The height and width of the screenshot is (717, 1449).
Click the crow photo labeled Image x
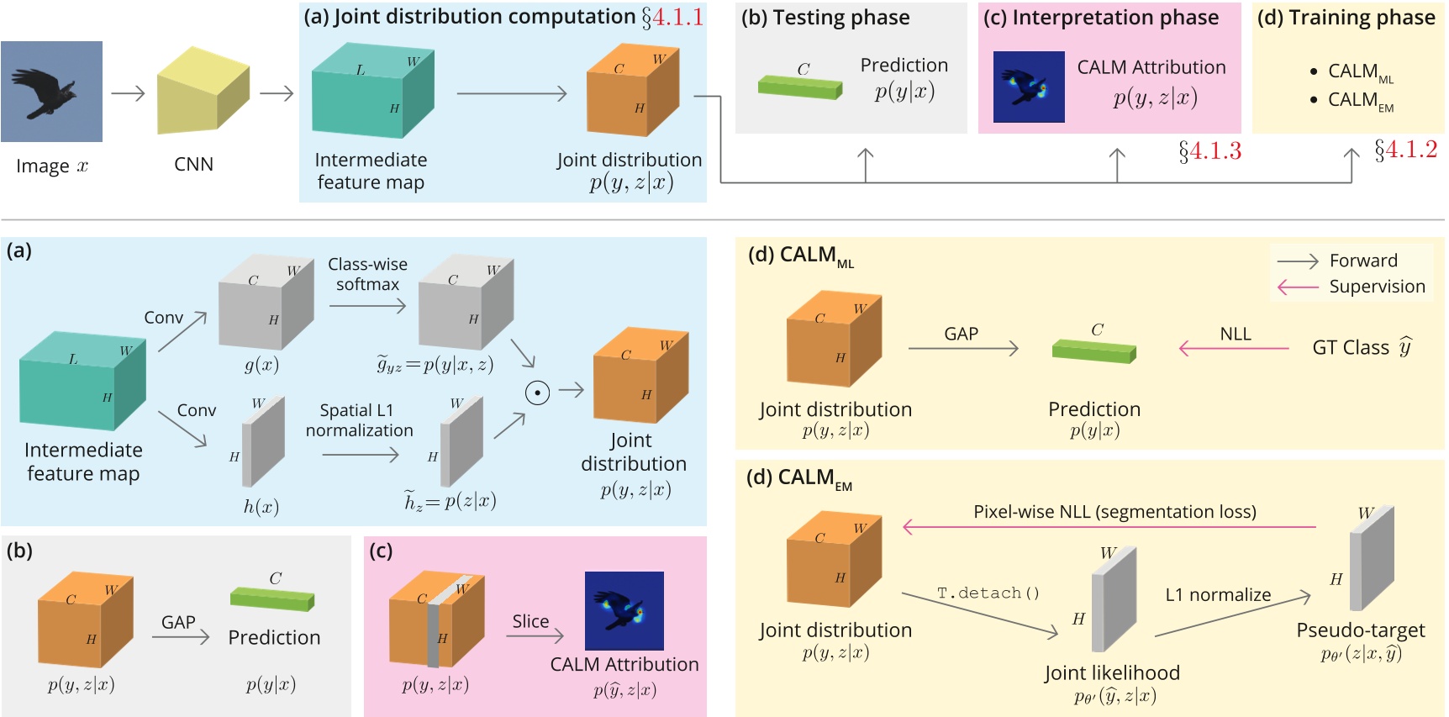click(51, 92)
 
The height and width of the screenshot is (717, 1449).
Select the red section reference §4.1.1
click(672, 17)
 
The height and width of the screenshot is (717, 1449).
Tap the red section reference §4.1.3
click(1209, 151)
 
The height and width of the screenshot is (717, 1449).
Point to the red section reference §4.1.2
click(1405, 150)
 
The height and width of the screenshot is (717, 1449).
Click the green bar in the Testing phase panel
click(799, 87)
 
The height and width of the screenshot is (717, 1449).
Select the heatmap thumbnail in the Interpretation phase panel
click(1029, 87)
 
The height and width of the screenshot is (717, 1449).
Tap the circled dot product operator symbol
click(537, 392)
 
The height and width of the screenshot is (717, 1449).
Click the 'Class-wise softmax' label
click(367, 274)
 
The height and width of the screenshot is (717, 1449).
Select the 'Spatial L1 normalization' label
click(359, 420)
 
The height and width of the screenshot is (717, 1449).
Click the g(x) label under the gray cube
click(261, 365)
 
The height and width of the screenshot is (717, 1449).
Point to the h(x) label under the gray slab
click(261, 506)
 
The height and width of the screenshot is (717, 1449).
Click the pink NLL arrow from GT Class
click(1234, 347)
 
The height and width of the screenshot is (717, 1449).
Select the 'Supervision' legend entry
click(1377, 287)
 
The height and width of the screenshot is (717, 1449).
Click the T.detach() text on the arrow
click(988, 593)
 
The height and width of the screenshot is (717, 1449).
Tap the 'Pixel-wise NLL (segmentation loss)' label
click(1114, 512)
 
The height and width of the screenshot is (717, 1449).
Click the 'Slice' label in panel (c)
click(530, 621)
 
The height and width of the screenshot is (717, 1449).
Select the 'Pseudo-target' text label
click(1360, 630)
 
